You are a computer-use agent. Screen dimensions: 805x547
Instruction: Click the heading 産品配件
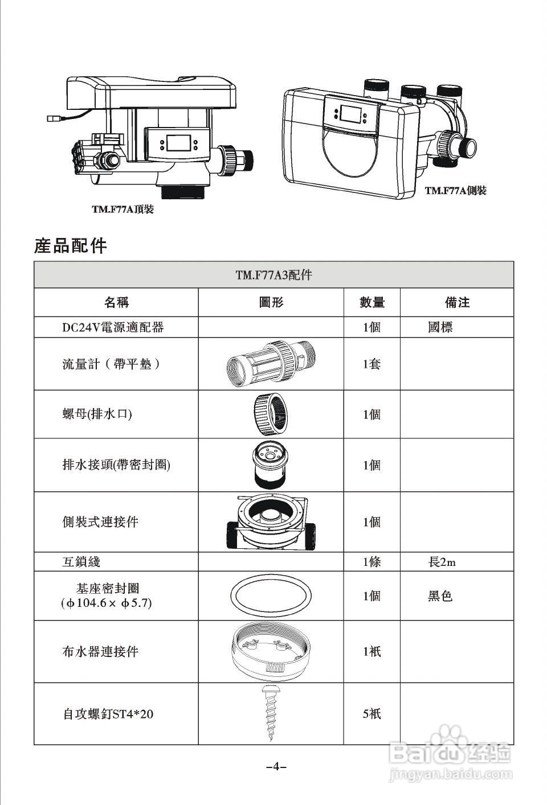[71, 246]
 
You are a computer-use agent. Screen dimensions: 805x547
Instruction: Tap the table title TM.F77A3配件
[273, 275]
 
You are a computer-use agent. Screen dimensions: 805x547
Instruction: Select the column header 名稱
[116, 302]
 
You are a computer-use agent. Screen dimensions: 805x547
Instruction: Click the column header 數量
[372, 302]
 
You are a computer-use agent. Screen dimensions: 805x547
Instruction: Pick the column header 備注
[457, 302]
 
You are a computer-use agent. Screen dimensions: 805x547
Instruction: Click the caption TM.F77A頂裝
[123, 210]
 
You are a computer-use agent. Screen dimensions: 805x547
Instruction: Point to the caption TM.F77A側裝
[456, 191]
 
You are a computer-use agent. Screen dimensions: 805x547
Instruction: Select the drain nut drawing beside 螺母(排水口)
[270, 414]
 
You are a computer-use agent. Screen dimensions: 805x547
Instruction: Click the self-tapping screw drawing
[270, 714]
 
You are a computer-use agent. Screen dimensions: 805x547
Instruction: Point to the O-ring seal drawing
[271, 596]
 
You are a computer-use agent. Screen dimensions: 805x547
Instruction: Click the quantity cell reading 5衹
[372, 714]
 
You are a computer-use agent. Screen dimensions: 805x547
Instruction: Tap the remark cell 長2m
[442, 562]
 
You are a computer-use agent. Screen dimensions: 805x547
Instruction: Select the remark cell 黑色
[440, 596]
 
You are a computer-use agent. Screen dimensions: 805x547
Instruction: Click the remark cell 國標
[440, 327]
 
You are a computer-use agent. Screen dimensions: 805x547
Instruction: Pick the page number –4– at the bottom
[276, 766]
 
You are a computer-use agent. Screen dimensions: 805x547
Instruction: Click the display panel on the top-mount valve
[178, 143]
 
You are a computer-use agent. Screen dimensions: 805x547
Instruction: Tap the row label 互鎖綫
[81, 562]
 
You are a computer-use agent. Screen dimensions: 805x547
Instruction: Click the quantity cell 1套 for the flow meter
[372, 364]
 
